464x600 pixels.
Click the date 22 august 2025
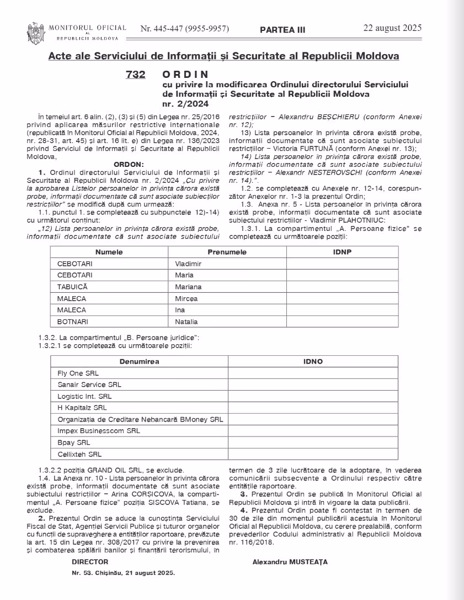pos(392,28)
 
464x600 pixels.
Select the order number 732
pos(136,74)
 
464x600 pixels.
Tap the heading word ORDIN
pos(186,74)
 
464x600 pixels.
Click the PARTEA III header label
pos(282,30)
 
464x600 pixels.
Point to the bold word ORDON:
pos(128,164)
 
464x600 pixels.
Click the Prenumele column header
pos(227,252)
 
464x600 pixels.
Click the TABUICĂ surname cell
pos(72,287)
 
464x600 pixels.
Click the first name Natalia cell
pos(186,322)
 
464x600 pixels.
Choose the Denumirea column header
pos(140,361)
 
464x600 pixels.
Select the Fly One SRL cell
pos(78,373)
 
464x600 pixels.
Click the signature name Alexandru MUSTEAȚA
pos(290,562)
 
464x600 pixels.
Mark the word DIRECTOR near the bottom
pos(90,562)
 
